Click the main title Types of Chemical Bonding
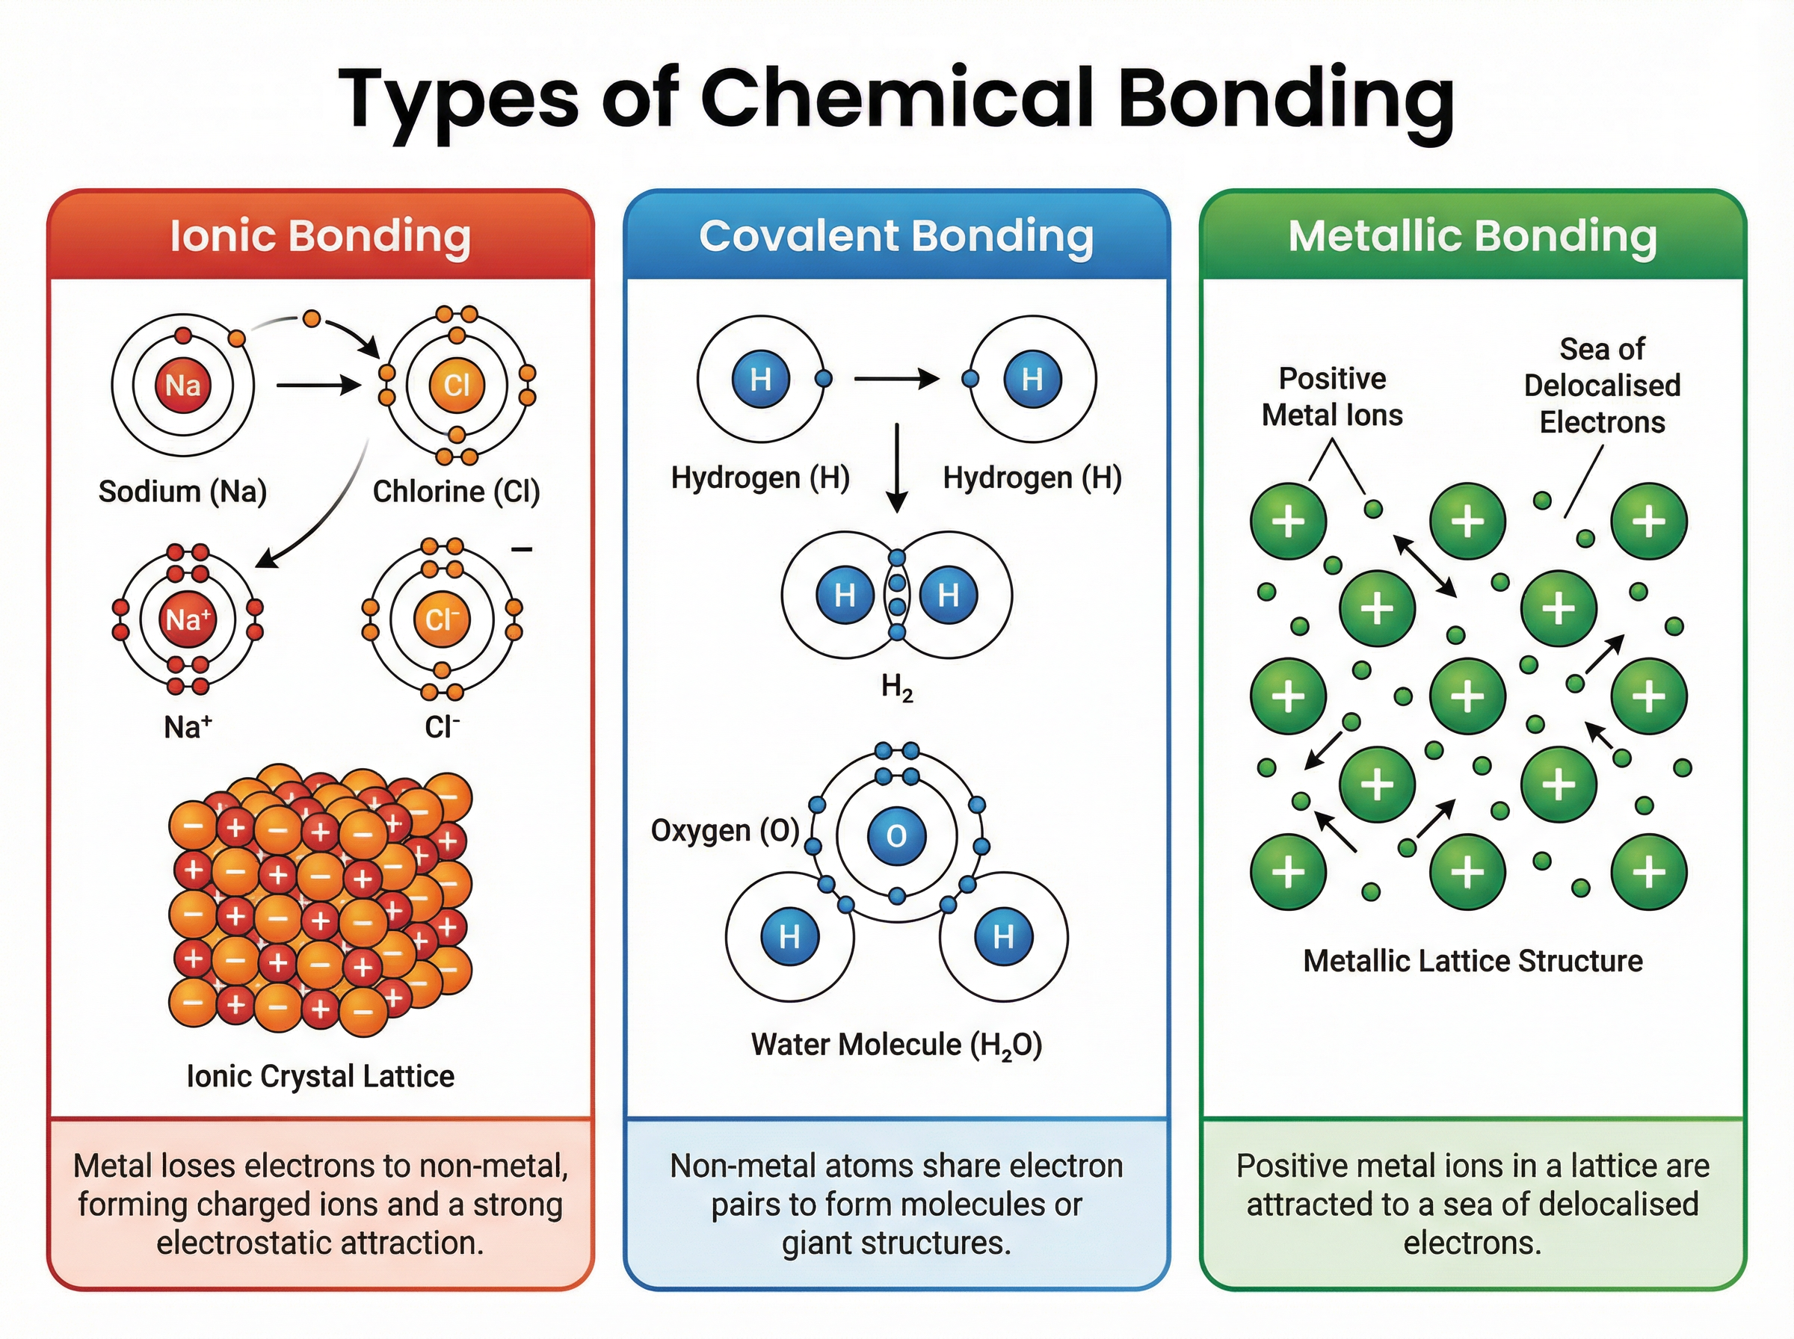(896, 99)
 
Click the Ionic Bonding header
(320, 236)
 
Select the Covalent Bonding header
(896, 236)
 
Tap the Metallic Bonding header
(1472, 236)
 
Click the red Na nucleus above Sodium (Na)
(183, 385)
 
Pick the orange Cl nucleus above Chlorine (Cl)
(457, 385)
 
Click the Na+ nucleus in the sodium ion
(188, 620)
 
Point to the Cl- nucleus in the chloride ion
(442, 620)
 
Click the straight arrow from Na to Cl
(318, 385)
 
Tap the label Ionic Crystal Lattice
(320, 1077)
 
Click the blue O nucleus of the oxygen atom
(896, 835)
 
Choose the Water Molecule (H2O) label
(896, 1045)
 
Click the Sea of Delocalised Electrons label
(1602, 386)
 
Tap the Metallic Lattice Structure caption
(1472, 962)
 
